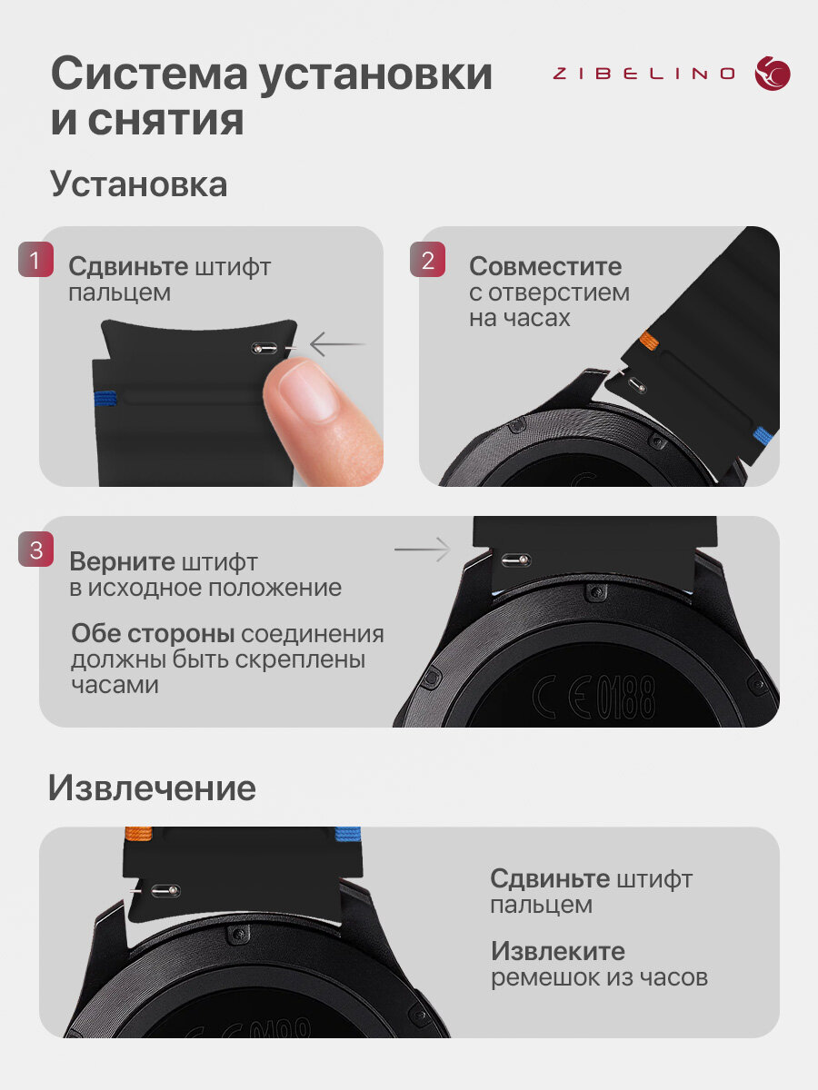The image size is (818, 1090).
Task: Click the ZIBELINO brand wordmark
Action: (643, 74)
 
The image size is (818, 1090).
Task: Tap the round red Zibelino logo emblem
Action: (773, 74)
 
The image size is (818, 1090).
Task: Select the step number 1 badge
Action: (35, 259)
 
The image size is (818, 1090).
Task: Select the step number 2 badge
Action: (427, 259)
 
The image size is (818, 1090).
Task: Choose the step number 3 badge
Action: (35, 549)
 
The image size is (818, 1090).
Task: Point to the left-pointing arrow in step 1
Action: (338, 343)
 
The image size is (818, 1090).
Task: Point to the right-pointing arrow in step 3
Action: (423, 550)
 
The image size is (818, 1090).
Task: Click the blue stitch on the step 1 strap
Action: (105, 398)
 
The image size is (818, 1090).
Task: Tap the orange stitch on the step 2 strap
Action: (649, 340)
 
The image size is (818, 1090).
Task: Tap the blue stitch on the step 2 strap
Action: (763, 434)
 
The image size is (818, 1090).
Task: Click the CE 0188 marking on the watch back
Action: (594, 696)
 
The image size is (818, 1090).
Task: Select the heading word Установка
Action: (138, 183)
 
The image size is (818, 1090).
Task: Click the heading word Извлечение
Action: (152, 788)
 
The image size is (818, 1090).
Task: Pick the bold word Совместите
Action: (545, 266)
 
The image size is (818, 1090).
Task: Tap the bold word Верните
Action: (122, 561)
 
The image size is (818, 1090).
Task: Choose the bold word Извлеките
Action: (558, 951)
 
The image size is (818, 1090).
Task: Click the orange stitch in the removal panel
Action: (138, 833)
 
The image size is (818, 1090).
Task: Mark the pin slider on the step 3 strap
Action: (515, 560)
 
